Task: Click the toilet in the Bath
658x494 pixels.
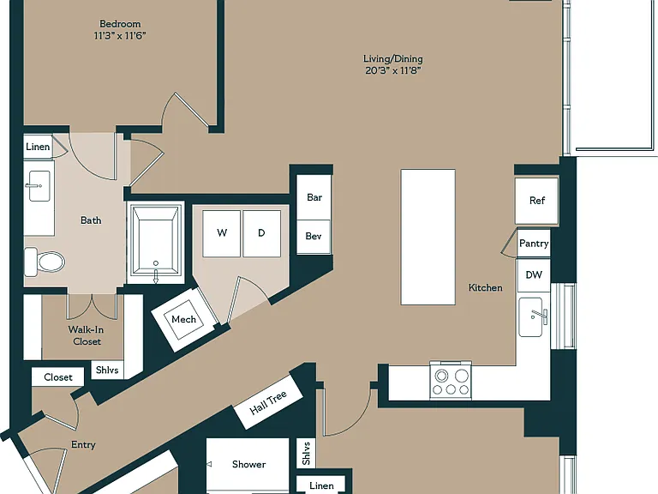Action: click(45, 262)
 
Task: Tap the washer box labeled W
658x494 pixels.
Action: click(222, 233)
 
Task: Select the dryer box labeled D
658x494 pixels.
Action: click(261, 233)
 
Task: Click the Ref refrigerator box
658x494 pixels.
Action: click(536, 201)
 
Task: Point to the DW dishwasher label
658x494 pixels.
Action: click(534, 275)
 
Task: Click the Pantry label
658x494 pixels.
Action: click(534, 244)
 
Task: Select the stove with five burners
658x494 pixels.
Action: click(451, 381)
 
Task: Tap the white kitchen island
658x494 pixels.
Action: click(428, 237)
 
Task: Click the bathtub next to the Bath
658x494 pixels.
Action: click(156, 243)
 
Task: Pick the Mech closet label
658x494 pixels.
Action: click(184, 319)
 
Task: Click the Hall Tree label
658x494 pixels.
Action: click(268, 402)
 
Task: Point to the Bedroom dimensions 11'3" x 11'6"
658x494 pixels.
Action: click(120, 36)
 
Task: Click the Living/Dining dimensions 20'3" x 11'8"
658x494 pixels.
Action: click(392, 70)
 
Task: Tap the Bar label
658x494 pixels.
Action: click(314, 197)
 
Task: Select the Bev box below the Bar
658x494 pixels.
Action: click(314, 237)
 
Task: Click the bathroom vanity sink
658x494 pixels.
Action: click(39, 186)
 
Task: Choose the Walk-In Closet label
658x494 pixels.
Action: click(86, 335)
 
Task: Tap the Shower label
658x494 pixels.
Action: click(248, 464)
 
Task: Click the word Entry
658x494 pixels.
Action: click(83, 445)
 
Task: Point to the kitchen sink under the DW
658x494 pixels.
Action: click(533, 317)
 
